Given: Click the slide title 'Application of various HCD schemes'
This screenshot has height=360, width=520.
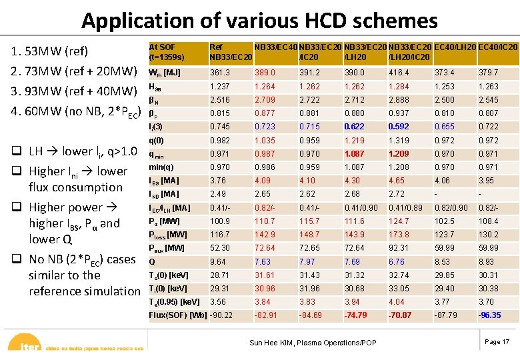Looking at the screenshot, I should [x=259, y=21].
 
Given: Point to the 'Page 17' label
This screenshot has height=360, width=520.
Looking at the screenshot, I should [x=497, y=342].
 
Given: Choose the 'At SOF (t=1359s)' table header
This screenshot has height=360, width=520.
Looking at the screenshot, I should [x=166, y=51].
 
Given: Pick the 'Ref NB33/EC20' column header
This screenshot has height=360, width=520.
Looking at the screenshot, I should [x=230, y=51].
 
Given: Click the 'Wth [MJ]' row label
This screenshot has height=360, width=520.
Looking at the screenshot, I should [x=164, y=73].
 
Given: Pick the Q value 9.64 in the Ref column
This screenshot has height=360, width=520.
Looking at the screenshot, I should [x=218, y=262].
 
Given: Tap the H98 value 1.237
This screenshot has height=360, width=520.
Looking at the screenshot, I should [x=220, y=86].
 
